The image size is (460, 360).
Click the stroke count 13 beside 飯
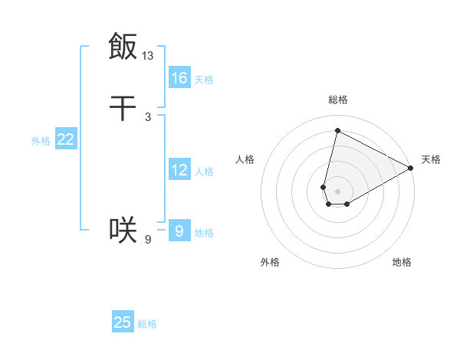[x=148, y=56]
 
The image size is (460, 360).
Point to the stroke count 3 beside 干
[x=148, y=117]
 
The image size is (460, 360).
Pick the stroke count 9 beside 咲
[x=148, y=240]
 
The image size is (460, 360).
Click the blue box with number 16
[x=179, y=77]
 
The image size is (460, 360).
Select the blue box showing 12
[x=179, y=170]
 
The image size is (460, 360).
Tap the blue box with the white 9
[x=179, y=230]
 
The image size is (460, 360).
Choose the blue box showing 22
[x=66, y=139]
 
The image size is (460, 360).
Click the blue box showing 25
[x=123, y=322]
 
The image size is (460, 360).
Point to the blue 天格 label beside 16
[x=204, y=79]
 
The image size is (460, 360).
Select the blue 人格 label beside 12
[x=204, y=172]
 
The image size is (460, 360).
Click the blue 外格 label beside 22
[x=41, y=141]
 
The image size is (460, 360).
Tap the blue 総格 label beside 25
[x=147, y=324]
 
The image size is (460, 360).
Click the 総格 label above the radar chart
[x=338, y=100]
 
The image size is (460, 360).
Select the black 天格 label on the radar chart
[x=431, y=159]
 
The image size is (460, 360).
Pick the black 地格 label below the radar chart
[x=402, y=262]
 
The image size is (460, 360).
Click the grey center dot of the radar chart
[x=337, y=191]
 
